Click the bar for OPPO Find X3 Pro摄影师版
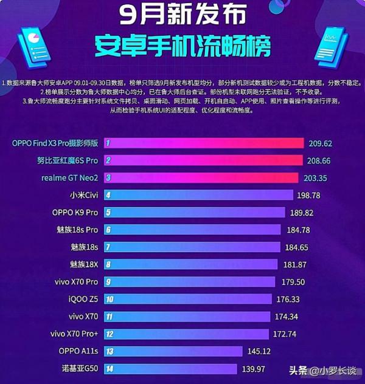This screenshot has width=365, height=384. click(x=204, y=143)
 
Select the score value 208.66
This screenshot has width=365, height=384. click(x=326, y=161)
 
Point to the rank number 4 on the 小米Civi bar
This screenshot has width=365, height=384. click(x=108, y=196)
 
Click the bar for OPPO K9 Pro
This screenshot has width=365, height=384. click(x=195, y=213)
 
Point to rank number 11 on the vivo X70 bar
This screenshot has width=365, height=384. click(x=109, y=317)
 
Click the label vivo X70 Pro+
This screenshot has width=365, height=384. click(x=74, y=334)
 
